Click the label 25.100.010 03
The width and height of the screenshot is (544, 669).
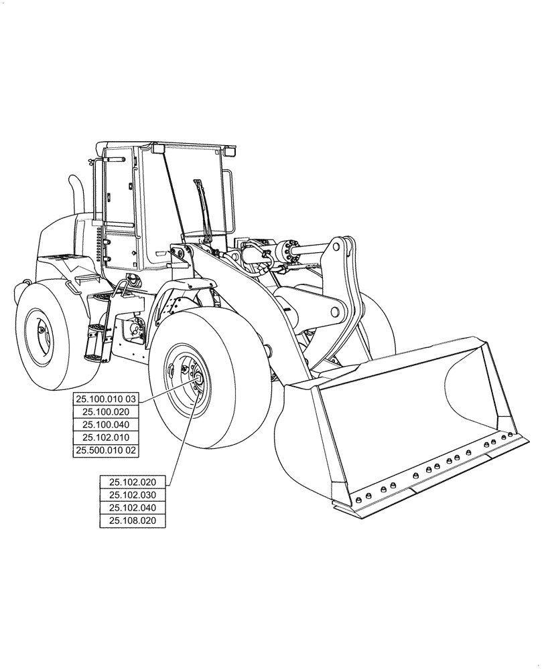click(x=106, y=399)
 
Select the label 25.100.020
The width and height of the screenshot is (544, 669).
click(x=106, y=412)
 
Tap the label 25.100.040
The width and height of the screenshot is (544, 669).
click(x=106, y=425)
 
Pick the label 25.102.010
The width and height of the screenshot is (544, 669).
click(x=106, y=438)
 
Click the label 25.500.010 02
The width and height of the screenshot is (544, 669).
click(x=106, y=451)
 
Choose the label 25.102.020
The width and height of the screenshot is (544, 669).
click(x=133, y=482)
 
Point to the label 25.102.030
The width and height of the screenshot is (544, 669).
click(x=133, y=494)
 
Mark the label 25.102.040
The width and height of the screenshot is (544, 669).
click(x=133, y=508)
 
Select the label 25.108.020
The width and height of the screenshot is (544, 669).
click(x=133, y=520)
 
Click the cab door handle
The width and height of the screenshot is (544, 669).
click(x=161, y=254)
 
